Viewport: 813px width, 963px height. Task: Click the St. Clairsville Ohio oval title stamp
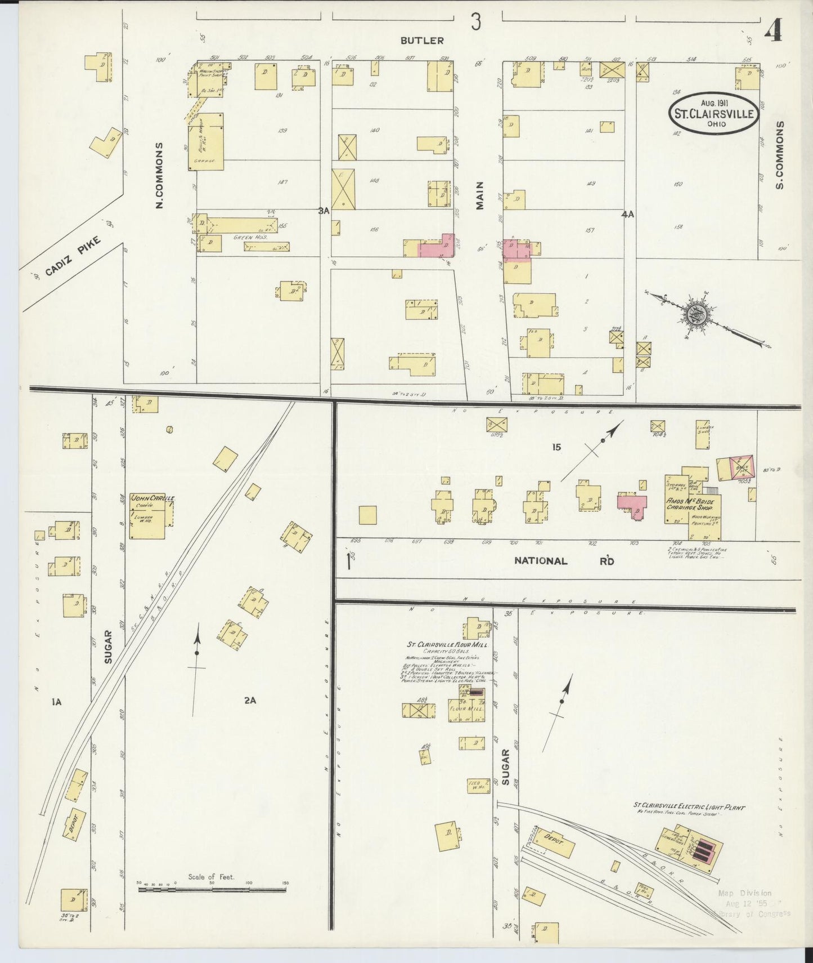pos(713,113)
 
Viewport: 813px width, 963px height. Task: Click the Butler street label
pos(422,41)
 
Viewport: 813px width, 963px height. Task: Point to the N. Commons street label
pos(159,176)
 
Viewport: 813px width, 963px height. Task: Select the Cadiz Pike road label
pos(73,256)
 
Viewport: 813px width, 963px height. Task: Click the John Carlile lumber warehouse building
pos(148,517)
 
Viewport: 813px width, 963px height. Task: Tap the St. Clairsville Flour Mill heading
pos(448,645)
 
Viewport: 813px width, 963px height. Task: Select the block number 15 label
pos(556,447)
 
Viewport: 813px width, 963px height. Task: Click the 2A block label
pos(250,701)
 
